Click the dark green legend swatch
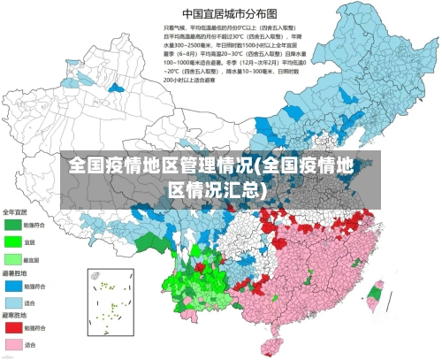click(12, 226)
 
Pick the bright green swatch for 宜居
click(12, 241)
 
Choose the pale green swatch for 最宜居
click(12, 258)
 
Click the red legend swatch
click(12, 329)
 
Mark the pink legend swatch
click(12, 344)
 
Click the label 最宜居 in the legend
click(31, 259)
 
